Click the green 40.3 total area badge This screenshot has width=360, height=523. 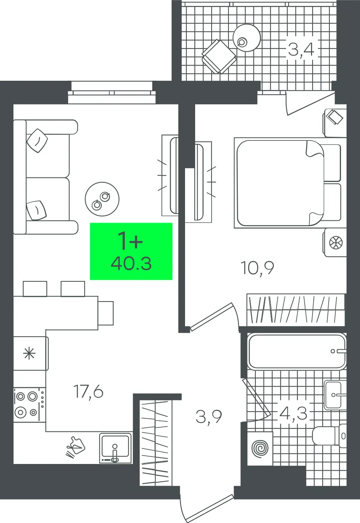[x=131, y=251]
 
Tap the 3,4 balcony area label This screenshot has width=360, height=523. [x=301, y=49]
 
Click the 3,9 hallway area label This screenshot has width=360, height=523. [x=209, y=417]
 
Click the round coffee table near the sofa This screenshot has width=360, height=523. [x=102, y=199]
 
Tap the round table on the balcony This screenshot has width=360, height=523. [x=247, y=38]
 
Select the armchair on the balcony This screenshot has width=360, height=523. [x=219, y=56]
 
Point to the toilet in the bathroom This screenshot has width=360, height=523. [x=329, y=436]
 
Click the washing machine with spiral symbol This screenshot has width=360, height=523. [x=260, y=448]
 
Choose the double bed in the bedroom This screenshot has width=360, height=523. [x=290, y=183]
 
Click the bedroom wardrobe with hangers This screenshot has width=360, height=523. [x=296, y=310]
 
